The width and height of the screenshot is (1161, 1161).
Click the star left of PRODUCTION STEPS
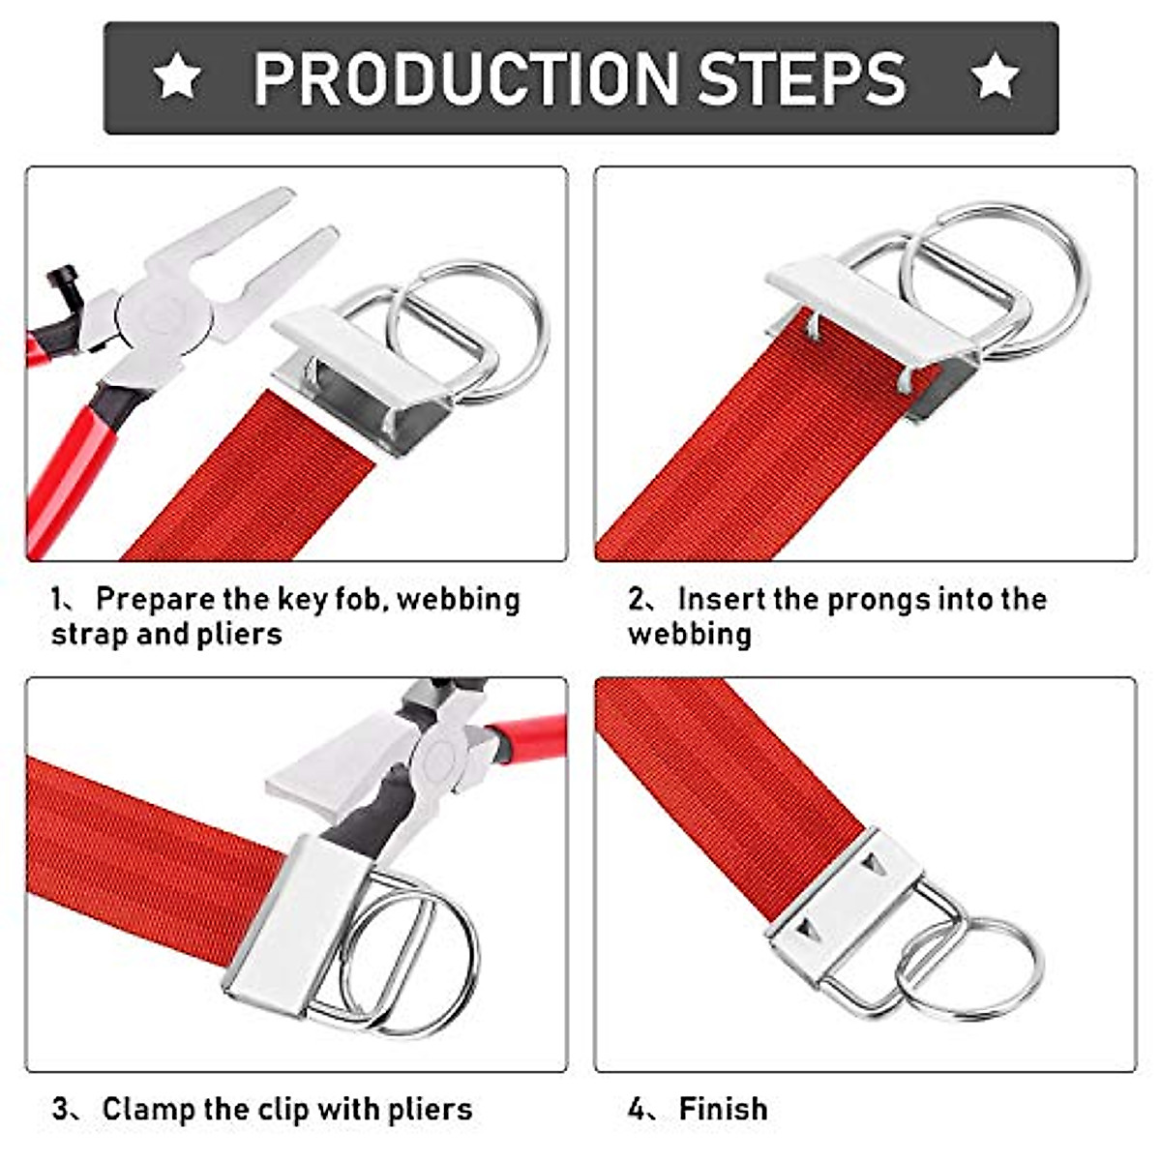(x=177, y=77)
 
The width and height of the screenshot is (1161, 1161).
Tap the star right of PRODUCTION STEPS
(x=995, y=77)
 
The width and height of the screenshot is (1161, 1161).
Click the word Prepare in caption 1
(x=155, y=600)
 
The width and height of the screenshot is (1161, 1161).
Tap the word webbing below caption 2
(x=689, y=635)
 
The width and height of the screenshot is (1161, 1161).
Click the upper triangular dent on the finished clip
(x=877, y=861)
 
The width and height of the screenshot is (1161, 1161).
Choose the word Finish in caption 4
(x=723, y=1109)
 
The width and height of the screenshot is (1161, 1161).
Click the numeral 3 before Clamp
(x=61, y=1109)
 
